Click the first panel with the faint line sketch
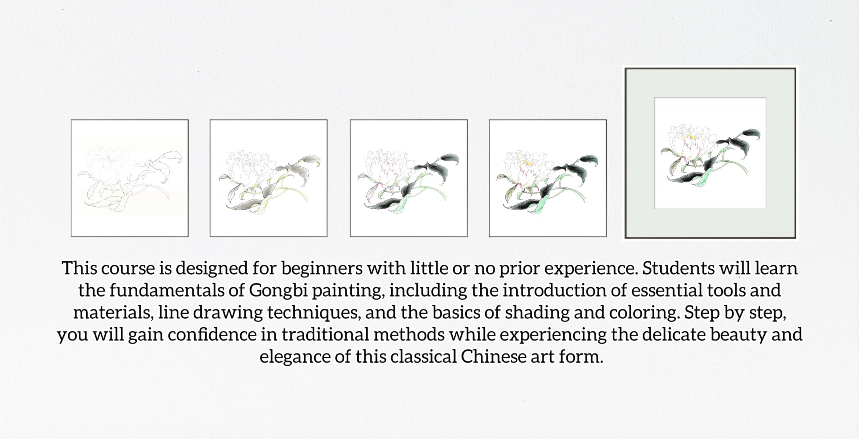[130, 178]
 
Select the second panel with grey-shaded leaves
[268, 178]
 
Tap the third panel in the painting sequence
[409, 178]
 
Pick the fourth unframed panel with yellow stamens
[548, 178]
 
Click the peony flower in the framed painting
[685, 143]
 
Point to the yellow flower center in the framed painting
[689, 136]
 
